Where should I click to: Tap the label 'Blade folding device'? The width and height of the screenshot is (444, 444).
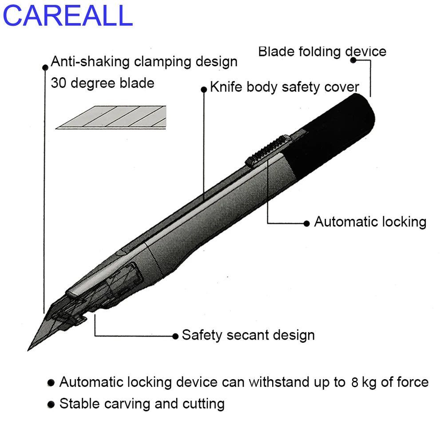(322, 52)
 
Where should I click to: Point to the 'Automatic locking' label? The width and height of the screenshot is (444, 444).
(370, 222)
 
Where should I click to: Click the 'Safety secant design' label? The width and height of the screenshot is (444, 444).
(248, 335)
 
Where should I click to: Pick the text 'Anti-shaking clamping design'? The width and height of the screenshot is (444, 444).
(144, 61)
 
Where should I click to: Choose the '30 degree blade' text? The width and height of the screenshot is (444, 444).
(103, 83)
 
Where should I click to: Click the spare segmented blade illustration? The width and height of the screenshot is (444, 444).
(111, 118)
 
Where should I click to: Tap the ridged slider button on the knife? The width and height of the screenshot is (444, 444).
(267, 150)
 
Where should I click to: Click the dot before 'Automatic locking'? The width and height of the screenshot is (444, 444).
(306, 223)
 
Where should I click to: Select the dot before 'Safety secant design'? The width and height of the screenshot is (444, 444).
(176, 336)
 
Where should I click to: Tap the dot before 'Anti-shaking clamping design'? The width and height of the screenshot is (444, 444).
(45, 67)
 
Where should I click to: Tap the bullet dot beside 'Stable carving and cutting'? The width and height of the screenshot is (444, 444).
(52, 404)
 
